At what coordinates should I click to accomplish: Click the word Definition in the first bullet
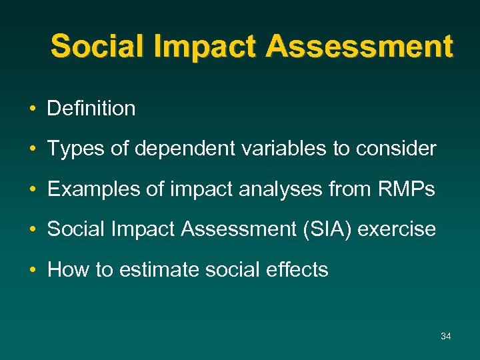[91, 109]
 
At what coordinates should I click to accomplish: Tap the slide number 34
[446, 336]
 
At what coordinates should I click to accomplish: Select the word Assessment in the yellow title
[359, 47]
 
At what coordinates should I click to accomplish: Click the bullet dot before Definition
[32, 109]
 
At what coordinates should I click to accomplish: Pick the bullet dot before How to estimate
[32, 271]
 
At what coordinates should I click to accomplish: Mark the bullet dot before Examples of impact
[32, 190]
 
